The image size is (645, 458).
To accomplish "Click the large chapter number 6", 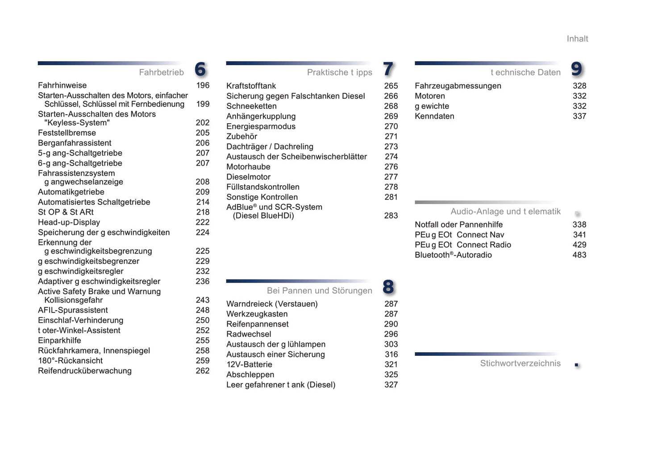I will (200, 69).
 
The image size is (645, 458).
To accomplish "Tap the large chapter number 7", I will (388, 69).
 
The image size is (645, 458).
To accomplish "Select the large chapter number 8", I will (388, 287).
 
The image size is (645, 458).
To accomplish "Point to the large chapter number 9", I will (577, 69).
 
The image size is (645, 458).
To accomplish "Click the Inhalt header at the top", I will (577, 39).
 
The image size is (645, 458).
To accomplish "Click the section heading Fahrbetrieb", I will (161, 72).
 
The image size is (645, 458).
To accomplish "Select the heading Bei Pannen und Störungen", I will (319, 291).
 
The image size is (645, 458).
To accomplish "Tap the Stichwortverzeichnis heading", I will (520, 363).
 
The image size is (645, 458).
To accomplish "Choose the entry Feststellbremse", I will (67, 133).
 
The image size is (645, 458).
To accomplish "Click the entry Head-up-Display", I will (69, 222).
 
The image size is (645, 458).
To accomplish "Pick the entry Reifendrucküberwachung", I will (85, 371).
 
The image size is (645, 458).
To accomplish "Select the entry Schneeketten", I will (251, 106).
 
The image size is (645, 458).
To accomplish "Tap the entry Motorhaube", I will (248, 167).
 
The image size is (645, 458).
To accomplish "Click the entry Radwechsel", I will (249, 334).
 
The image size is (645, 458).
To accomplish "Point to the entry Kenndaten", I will (434, 117).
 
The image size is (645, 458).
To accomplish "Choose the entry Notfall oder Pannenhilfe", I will (458, 225).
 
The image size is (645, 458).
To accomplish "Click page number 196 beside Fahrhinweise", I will (203, 85).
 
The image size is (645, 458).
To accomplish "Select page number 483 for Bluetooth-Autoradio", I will (579, 255).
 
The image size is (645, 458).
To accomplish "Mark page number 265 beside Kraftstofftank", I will (391, 86).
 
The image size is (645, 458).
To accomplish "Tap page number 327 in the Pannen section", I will (391, 385).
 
